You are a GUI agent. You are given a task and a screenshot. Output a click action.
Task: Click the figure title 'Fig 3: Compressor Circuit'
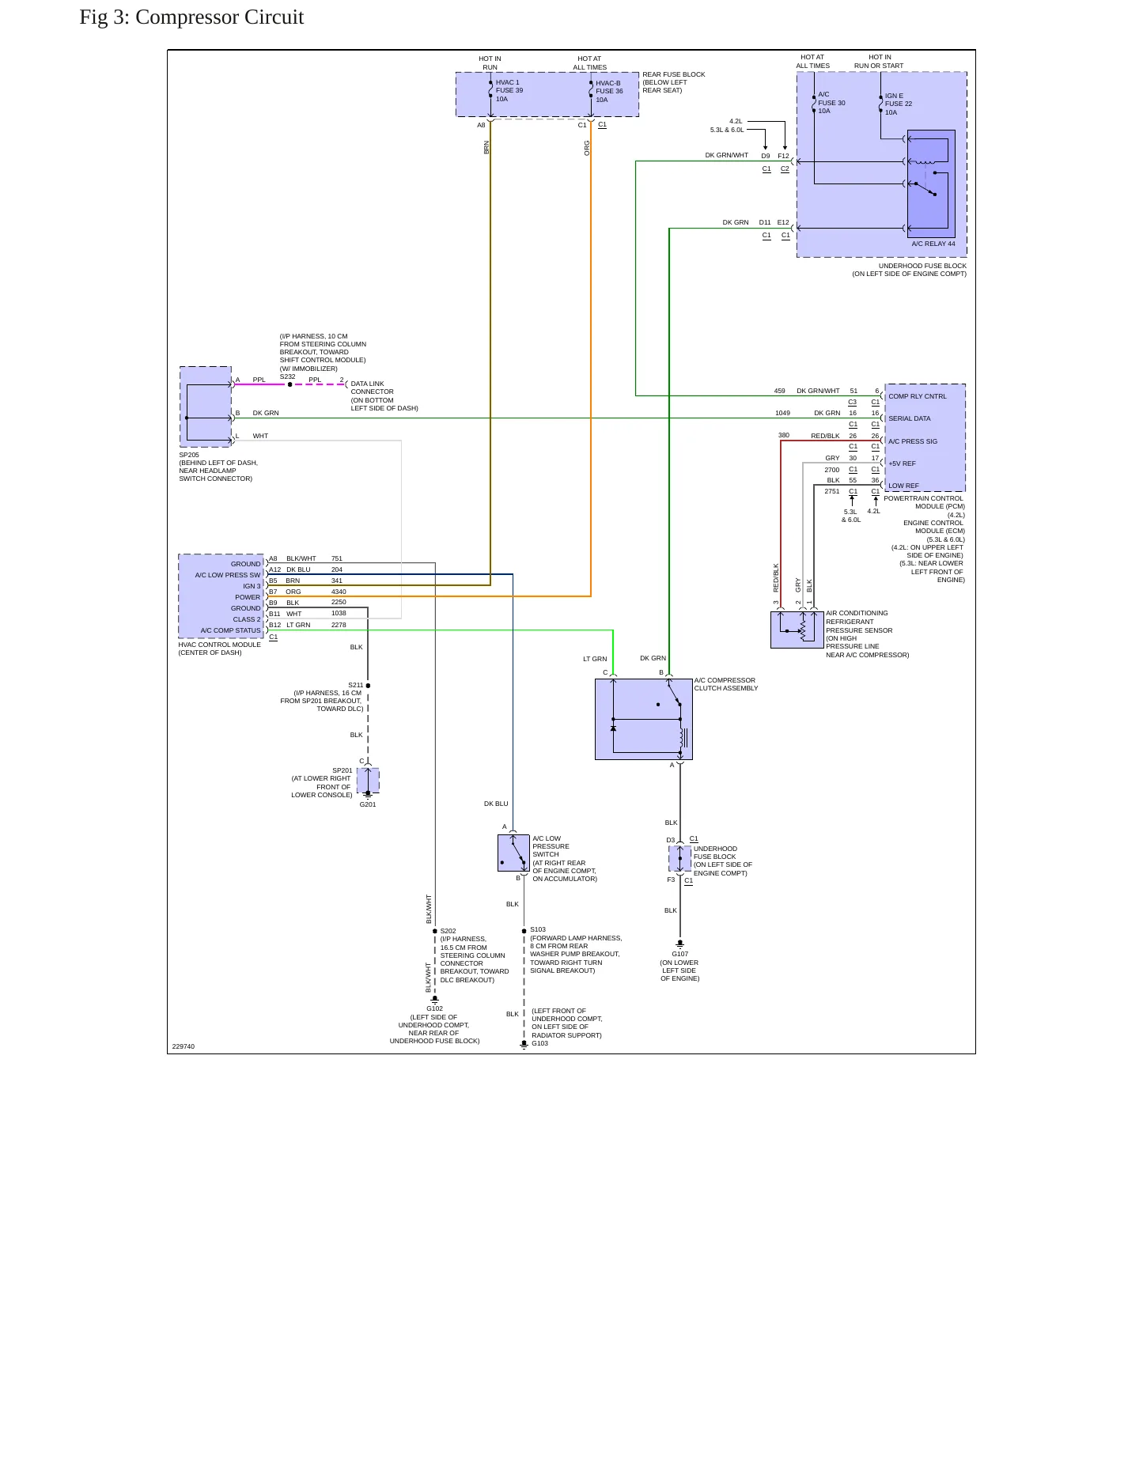pos(191,17)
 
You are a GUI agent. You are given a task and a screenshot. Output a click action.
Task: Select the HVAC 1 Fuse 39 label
pos(509,90)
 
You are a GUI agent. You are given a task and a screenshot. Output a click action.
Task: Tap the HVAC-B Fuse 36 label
pos(609,91)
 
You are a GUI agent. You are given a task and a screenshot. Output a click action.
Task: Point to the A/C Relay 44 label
pos(933,244)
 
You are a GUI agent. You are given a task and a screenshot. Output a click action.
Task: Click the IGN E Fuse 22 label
pos(899,104)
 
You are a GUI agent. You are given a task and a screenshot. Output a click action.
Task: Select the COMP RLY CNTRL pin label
pos(918,396)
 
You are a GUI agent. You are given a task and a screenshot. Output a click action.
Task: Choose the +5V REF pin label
pos(903,463)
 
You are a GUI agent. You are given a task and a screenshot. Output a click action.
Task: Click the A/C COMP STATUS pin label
pos(230,630)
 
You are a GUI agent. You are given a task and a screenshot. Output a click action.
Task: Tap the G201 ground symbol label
pos(368,804)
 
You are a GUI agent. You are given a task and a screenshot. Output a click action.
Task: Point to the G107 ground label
pos(680,954)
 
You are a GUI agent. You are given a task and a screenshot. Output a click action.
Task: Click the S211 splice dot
pos(368,686)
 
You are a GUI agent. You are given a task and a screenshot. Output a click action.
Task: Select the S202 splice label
pos(448,931)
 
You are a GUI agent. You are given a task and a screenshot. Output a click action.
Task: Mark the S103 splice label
pos(538,929)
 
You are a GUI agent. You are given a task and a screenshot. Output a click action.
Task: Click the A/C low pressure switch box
pos(513,853)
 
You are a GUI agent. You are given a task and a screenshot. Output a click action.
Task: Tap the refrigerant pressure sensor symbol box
pos(797,630)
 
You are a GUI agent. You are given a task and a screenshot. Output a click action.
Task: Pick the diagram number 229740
pos(184,1046)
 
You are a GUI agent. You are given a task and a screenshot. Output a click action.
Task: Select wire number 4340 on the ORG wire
pos(339,592)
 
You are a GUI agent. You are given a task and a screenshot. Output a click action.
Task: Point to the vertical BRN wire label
pos(486,147)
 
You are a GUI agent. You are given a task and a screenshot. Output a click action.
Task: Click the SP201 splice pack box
pos(368,780)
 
